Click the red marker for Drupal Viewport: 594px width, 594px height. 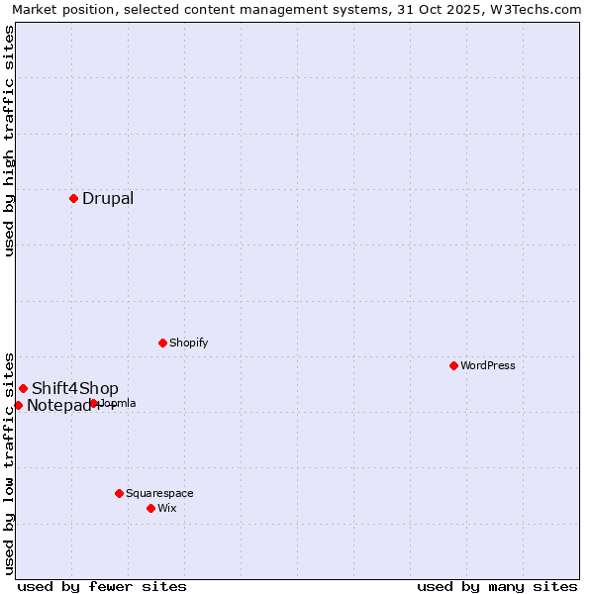[73, 198]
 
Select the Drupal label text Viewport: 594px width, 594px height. [108, 198]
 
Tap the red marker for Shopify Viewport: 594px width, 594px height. [162, 343]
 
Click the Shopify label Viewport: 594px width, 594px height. [188, 343]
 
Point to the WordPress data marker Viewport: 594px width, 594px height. [453, 365]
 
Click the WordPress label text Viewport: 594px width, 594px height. [488, 365]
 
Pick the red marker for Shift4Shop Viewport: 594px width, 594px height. [23, 388]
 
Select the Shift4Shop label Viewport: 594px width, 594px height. [75, 388]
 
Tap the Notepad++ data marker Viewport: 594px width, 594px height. [18, 405]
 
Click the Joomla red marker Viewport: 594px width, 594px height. [93, 403]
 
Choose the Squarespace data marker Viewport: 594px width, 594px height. [119, 493]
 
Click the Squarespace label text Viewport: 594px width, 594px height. [159, 493]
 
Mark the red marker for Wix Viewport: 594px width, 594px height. [150, 508]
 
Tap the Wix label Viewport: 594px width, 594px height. [167, 508]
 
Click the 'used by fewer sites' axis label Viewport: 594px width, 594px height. [102, 586]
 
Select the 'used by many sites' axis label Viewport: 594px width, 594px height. [497, 586]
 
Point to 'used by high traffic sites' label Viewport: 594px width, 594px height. [9, 141]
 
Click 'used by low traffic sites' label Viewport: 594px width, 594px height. [9, 462]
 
